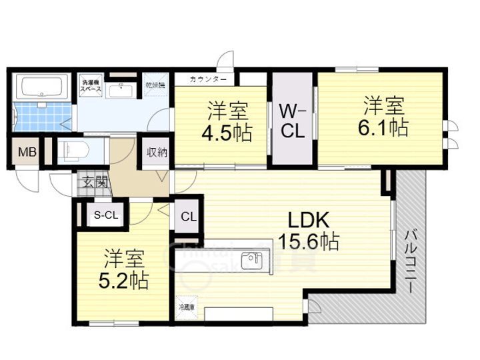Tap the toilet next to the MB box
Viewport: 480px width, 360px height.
(70, 151)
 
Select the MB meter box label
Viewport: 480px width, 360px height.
(27, 151)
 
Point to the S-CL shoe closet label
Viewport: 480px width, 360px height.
(105, 215)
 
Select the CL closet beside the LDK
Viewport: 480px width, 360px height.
(188, 216)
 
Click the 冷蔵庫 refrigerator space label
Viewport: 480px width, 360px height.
(187, 307)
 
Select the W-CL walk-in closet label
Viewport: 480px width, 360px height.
(293, 120)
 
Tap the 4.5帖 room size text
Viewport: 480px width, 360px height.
(227, 133)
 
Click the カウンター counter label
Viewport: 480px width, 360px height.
(208, 79)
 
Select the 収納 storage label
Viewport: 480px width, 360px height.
(157, 152)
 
